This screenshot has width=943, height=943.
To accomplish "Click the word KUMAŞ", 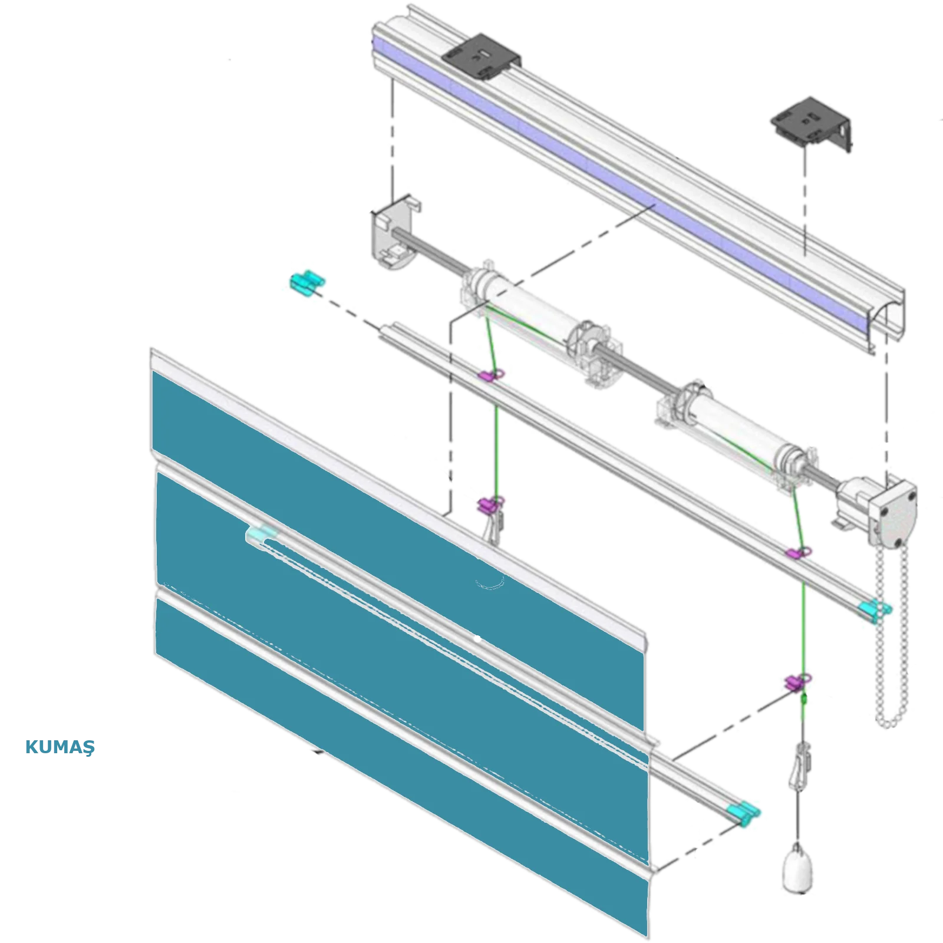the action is [60, 747].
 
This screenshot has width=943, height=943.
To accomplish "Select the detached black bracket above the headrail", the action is [812, 123].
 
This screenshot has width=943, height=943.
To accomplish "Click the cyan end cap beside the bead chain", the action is [875, 609].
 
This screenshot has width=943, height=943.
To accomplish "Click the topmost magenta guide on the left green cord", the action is [492, 374].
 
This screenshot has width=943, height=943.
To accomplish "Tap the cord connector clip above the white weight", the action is [800, 766].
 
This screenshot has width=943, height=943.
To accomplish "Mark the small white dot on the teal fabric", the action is [477, 638].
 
